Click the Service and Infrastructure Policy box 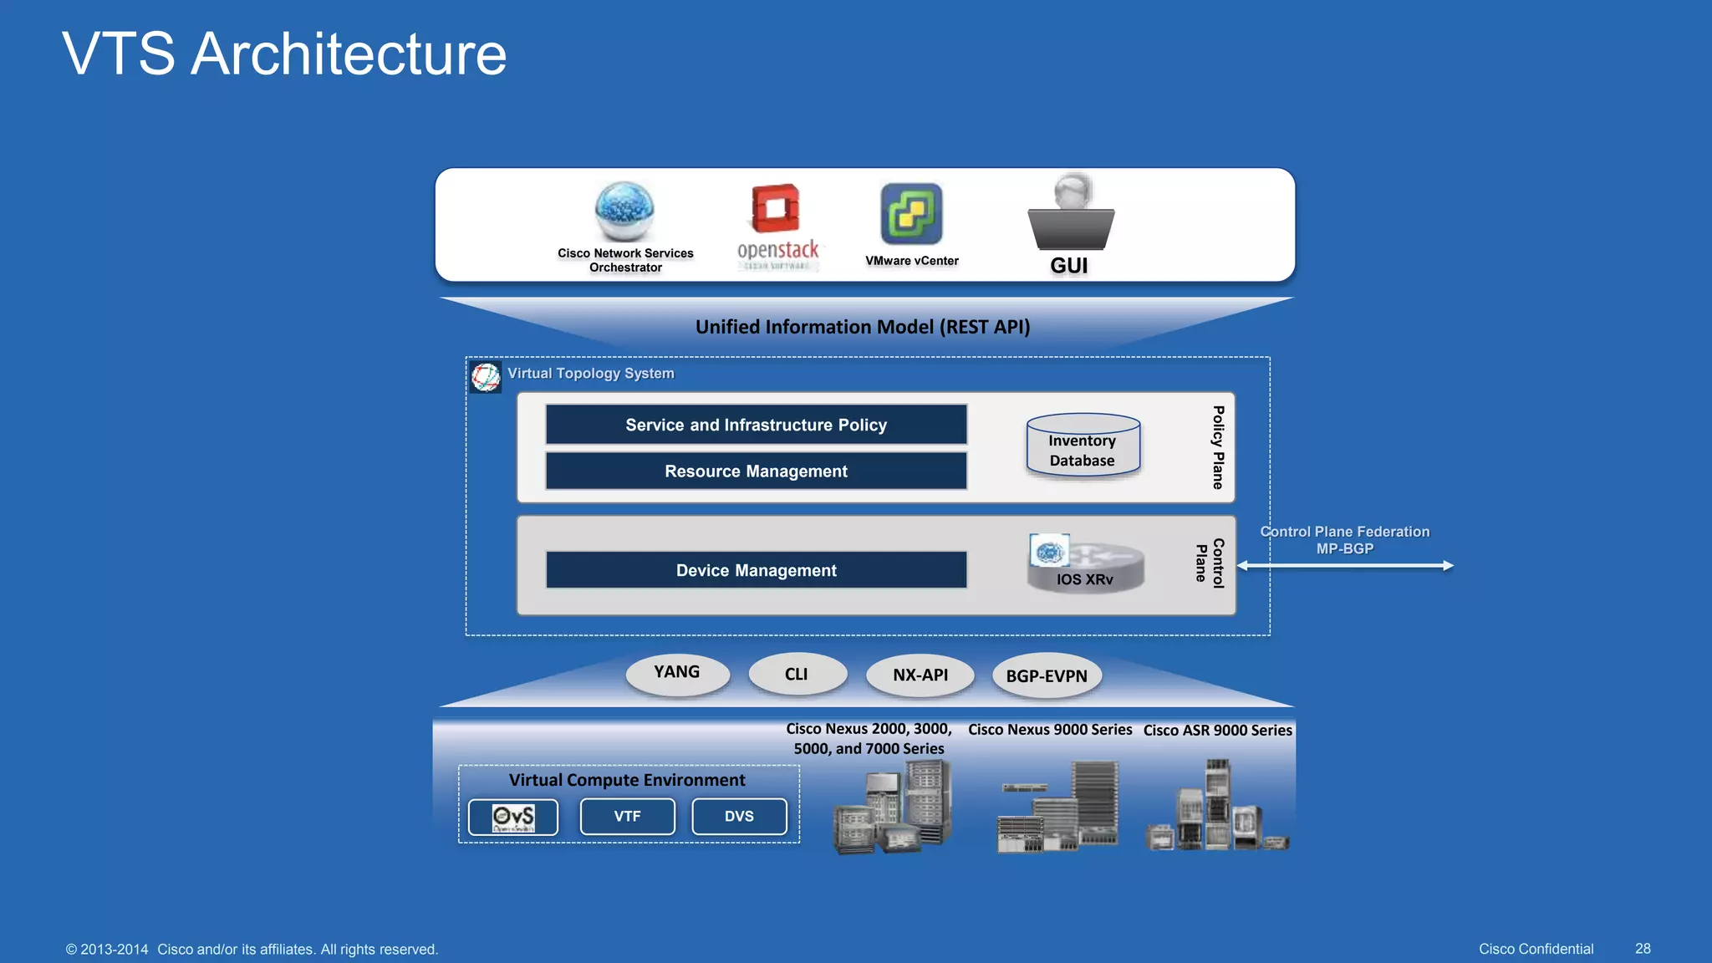coord(756,425)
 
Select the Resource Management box coord(756,471)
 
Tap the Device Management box coord(756,570)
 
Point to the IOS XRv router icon coord(1086,566)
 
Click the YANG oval coord(677,674)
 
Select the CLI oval coord(797,674)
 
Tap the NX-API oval coord(920,675)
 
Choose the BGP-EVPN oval coord(1047,676)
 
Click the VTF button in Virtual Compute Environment coord(627,817)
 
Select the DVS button coord(739,817)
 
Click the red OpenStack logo coord(776,208)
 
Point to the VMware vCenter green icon coord(911,214)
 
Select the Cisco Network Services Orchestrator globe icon coord(624,211)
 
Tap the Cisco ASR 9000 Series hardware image coord(1217,807)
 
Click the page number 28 coord(1642,949)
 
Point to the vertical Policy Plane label coord(1218,447)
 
